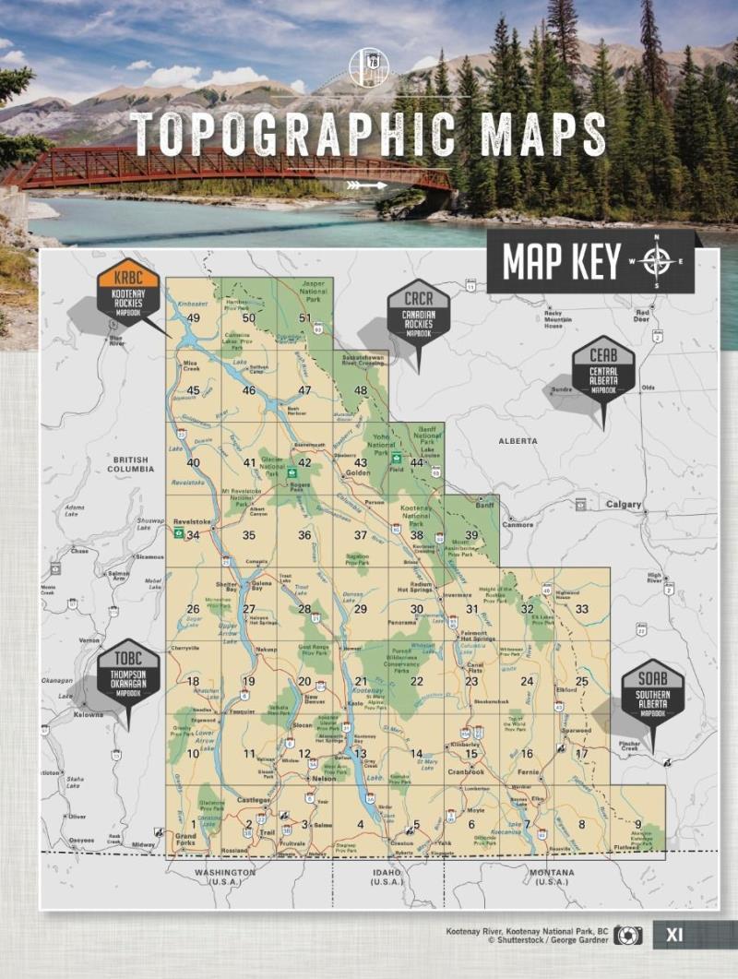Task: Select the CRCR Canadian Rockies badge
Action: [x=419, y=312]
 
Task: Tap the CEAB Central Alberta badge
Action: [x=603, y=368]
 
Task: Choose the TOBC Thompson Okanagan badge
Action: [x=129, y=673]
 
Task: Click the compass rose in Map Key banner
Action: [x=658, y=261]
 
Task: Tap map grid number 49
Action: [x=194, y=318]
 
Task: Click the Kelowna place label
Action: [x=89, y=714]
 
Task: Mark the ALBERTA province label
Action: [x=518, y=441]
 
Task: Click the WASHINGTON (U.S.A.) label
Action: [x=225, y=876]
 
